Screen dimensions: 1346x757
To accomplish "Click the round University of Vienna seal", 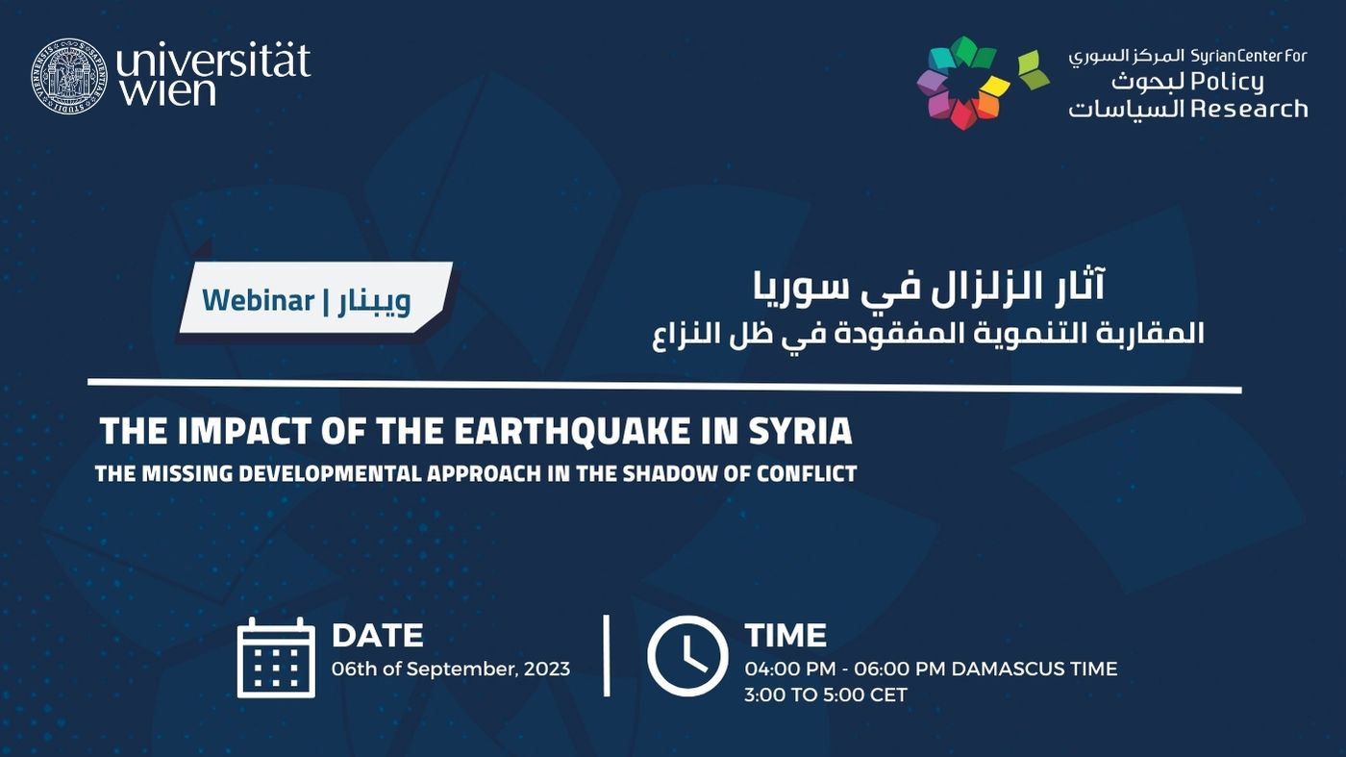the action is (x=69, y=76).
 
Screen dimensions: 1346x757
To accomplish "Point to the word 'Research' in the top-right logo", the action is (x=1248, y=109).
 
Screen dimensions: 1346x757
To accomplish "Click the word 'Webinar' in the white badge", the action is (x=259, y=301).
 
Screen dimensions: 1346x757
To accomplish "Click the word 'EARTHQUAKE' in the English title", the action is (x=571, y=431).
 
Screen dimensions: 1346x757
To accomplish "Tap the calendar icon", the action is (x=276, y=658).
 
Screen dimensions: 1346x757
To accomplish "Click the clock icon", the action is (x=687, y=656).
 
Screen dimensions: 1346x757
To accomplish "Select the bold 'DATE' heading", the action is (x=378, y=636).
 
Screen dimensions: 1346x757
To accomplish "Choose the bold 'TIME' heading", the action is (x=786, y=636).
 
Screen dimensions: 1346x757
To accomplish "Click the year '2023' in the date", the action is (x=547, y=669).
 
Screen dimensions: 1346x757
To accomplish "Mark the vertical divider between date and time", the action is (x=607, y=656).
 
